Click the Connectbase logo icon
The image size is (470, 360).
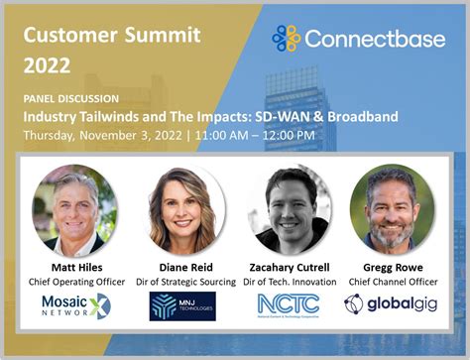point(287,39)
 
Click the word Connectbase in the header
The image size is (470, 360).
point(370,40)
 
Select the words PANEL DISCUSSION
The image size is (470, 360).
point(70,99)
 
